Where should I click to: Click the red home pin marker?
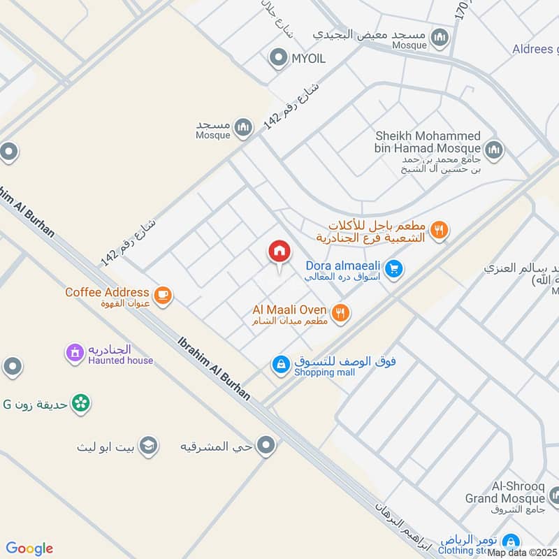click(x=279, y=252)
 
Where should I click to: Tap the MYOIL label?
click(x=308, y=59)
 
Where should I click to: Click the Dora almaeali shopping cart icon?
click(x=394, y=268)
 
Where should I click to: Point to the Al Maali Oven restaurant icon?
click(x=340, y=313)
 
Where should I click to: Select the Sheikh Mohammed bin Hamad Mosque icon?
click(x=494, y=150)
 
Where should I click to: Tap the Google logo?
click(x=29, y=548)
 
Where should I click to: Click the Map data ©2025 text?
click(x=523, y=553)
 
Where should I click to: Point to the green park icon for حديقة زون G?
click(x=82, y=402)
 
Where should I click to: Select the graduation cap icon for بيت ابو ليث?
click(x=148, y=446)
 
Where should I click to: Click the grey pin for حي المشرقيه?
click(x=266, y=445)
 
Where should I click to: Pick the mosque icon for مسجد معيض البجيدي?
click(x=440, y=37)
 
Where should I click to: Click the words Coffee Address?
click(x=107, y=292)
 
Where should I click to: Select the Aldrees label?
click(x=535, y=48)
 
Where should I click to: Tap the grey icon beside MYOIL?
click(x=279, y=58)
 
